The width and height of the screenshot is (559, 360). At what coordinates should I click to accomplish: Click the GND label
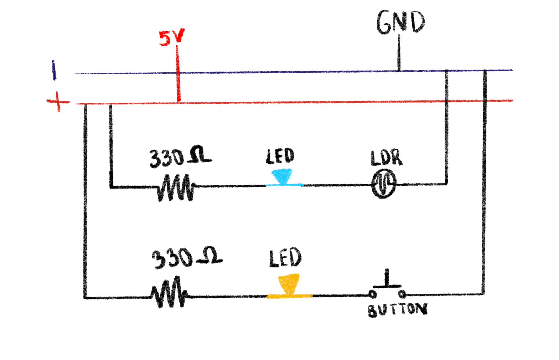tap(400, 22)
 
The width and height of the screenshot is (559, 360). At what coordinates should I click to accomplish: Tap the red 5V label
tap(171, 37)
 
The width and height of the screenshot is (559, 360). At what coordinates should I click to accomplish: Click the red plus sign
tap(58, 102)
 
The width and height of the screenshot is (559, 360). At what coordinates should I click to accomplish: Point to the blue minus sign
tap(54, 70)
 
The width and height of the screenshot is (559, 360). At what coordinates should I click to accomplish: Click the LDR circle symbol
tap(383, 184)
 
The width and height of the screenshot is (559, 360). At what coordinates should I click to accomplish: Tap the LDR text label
tap(386, 159)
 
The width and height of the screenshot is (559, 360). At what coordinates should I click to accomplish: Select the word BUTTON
tap(397, 310)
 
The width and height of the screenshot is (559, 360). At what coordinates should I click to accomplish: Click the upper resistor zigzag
tap(176, 187)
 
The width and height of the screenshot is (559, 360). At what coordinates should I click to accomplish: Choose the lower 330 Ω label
tap(187, 257)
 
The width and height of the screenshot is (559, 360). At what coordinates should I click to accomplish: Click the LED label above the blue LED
tap(280, 156)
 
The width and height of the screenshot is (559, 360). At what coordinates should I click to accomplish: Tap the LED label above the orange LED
tap(285, 258)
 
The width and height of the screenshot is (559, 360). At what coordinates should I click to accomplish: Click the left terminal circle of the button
tap(373, 294)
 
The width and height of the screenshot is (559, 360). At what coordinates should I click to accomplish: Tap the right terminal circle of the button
tap(402, 294)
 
